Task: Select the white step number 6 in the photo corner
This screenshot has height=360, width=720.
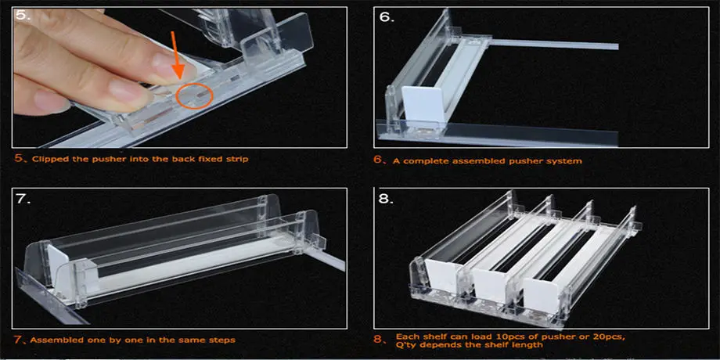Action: (x=387, y=17)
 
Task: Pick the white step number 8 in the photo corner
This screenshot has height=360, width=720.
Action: (x=387, y=199)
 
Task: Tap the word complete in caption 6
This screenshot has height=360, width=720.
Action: (x=422, y=160)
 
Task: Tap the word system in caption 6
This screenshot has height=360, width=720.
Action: (x=563, y=160)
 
